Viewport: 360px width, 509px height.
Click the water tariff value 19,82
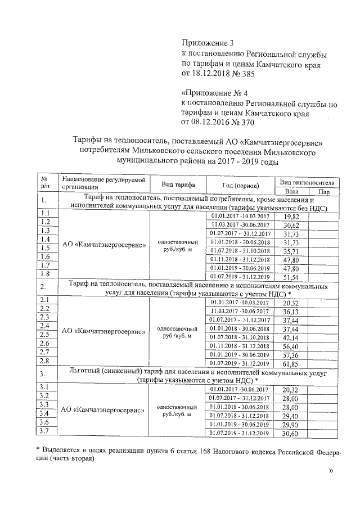click(x=291, y=216)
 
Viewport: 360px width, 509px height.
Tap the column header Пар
click(x=324, y=192)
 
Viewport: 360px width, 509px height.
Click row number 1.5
click(x=47, y=248)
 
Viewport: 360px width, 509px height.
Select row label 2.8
click(x=47, y=361)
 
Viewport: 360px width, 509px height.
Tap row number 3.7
click(x=47, y=431)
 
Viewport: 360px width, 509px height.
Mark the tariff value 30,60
click(x=291, y=434)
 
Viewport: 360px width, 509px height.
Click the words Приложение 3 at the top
click(x=207, y=43)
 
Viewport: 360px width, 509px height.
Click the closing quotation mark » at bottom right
click(x=330, y=485)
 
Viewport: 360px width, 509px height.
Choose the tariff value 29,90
click(x=291, y=425)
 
